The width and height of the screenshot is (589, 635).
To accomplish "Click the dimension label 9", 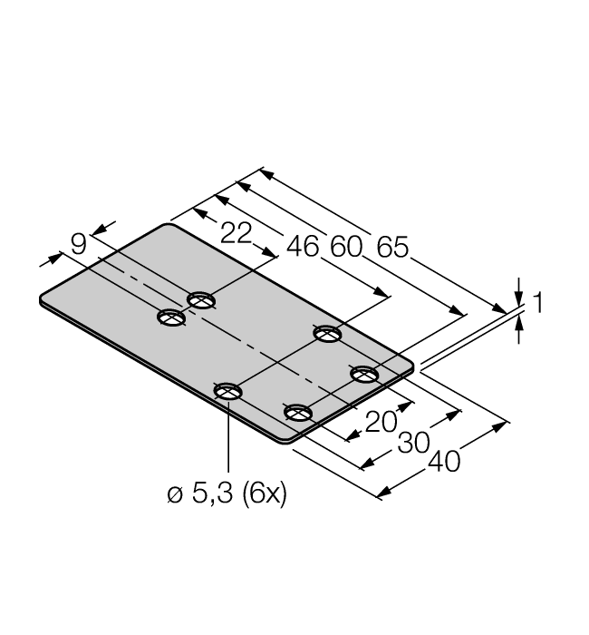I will point(79,243).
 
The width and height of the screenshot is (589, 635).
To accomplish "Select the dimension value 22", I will point(236,233).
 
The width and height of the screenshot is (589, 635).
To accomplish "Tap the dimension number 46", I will point(303,246).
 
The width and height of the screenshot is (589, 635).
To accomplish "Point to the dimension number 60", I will point(345,247).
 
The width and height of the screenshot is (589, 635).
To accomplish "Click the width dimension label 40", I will point(442,461).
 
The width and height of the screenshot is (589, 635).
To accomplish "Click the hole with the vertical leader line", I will point(227,391).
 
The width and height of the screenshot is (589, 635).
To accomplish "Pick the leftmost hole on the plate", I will point(170,317).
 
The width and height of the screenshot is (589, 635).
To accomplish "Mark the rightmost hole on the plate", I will point(364,374).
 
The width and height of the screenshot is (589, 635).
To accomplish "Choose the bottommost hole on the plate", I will point(297,413).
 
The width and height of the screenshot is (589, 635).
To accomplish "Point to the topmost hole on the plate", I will point(201,299).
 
